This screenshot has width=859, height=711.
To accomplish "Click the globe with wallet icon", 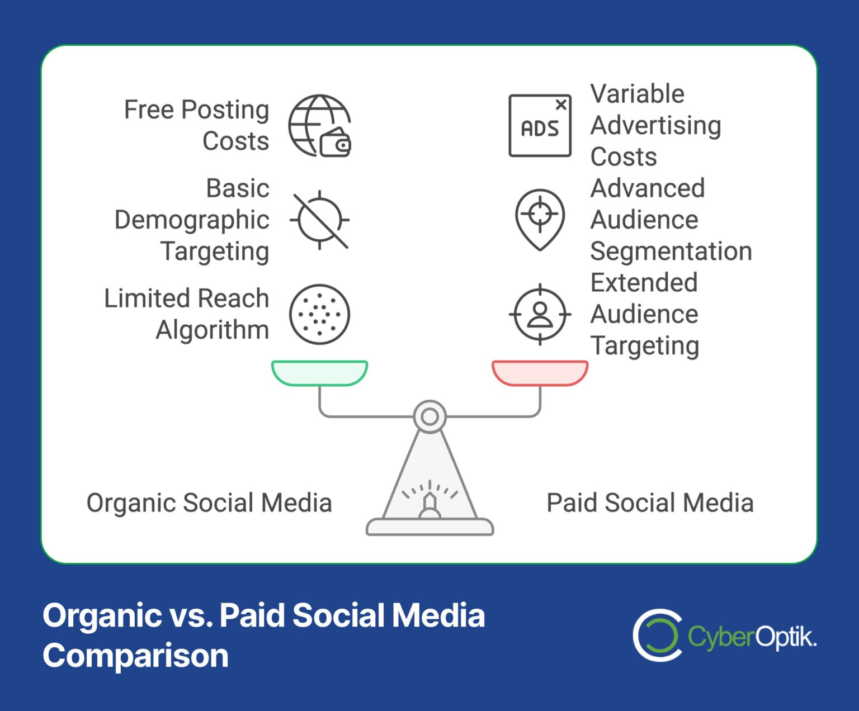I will click(319, 126).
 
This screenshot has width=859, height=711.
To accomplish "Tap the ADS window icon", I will click(540, 126).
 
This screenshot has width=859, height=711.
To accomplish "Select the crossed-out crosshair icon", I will click(319, 220).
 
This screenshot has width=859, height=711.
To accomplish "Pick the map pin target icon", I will click(540, 219).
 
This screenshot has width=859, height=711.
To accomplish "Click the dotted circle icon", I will click(319, 314).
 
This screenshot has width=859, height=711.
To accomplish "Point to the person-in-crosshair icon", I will click(540, 314).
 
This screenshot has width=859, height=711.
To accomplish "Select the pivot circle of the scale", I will click(429, 416).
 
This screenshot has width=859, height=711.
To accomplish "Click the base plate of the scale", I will click(429, 527).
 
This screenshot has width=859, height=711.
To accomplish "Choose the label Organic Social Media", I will click(209, 503).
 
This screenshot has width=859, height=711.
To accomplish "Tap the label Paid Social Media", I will click(650, 503).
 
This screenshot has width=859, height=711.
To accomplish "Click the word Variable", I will click(637, 94).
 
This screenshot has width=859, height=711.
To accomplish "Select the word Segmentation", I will click(671, 251).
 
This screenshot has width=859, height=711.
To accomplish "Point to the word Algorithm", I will click(213, 330).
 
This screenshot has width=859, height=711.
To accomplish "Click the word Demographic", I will click(192, 220).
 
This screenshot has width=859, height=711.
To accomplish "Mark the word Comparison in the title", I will click(136, 656).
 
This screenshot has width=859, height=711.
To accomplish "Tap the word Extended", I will click(644, 282).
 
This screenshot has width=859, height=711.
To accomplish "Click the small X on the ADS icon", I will click(561, 105).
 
